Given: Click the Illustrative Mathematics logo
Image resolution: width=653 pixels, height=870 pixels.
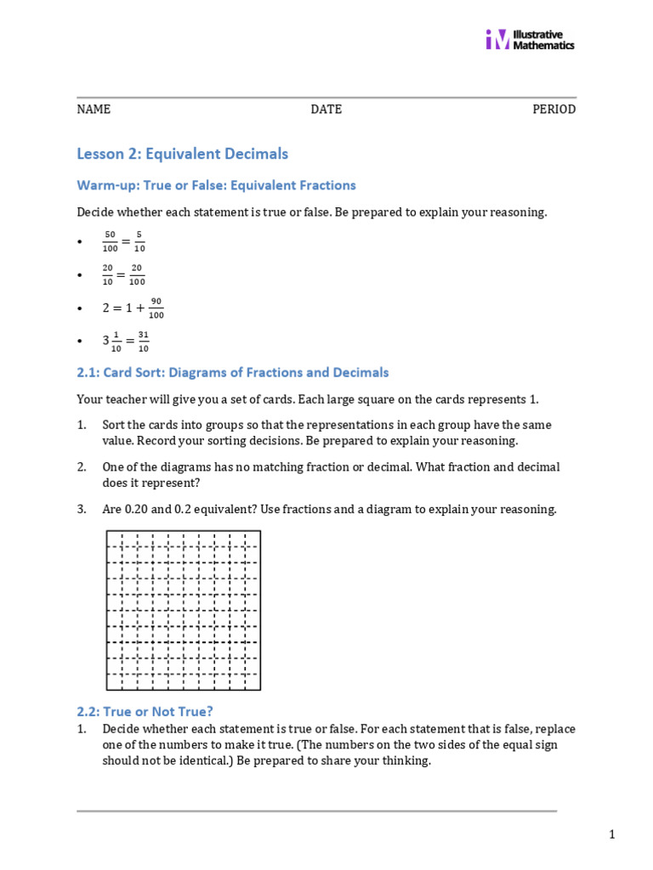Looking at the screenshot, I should [x=529, y=39].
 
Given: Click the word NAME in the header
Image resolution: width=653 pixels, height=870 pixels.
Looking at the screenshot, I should [x=94, y=110].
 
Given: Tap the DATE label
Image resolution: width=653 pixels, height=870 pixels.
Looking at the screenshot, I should [x=326, y=110].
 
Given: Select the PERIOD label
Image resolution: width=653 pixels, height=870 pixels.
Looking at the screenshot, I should [x=554, y=110].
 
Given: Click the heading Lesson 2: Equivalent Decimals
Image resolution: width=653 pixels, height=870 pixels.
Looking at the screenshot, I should [x=182, y=154].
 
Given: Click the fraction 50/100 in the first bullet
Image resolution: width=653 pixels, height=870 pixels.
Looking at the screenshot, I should [x=110, y=241].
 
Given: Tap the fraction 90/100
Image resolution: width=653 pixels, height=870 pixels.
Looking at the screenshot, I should [x=156, y=307].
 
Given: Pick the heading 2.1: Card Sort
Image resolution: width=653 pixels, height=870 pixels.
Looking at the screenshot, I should [x=232, y=372].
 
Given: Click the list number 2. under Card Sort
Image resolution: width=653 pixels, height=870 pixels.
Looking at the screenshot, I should [x=82, y=467].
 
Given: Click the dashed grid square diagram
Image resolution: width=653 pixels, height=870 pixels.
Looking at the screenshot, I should [x=183, y=610].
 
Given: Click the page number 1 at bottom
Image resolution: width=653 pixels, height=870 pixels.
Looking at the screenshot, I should [x=611, y=835].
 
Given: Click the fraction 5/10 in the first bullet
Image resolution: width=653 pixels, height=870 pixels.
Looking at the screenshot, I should [x=139, y=241].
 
